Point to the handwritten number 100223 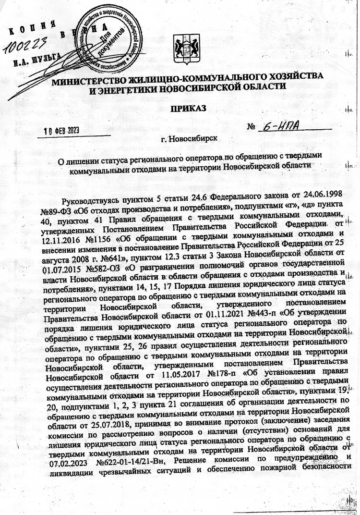24,45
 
